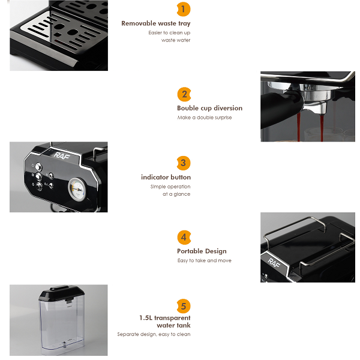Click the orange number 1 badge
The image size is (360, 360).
click(184, 10)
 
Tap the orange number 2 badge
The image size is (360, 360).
click(184, 94)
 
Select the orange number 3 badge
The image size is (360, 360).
click(184, 163)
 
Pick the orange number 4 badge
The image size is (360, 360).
click(184, 238)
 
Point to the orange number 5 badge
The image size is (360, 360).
click(184, 306)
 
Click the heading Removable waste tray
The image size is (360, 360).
click(156, 23)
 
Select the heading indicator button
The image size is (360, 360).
click(166, 177)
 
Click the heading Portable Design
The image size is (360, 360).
click(202, 251)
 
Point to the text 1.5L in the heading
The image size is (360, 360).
click(146, 318)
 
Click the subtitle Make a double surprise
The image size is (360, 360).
click(205, 118)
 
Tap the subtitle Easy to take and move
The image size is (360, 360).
click(205, 260)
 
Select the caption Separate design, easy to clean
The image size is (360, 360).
click(154, 334)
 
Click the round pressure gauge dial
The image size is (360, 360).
click(77, 190)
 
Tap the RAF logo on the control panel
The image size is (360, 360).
click(62, 155)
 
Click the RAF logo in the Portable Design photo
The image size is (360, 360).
click(274, 263)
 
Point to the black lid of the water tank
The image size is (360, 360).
click(62, 293)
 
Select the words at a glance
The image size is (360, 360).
click(176, 194)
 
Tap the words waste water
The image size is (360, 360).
click(176, 40)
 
